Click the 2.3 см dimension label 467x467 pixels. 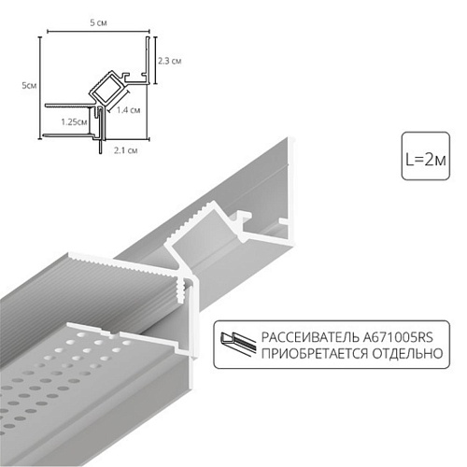point(170,61)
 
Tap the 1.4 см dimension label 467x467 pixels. point(129,109)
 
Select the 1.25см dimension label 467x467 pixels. point(74,121)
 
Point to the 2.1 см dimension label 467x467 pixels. point(125,150)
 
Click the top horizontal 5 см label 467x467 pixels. point(98,22)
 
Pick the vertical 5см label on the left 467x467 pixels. point(29,85)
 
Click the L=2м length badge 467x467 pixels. point(426,156)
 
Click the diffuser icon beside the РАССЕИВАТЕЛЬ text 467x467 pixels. point(238,344)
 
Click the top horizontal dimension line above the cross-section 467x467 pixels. point(98,31)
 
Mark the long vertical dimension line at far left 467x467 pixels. point(40,88)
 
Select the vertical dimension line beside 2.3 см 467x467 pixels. point(156,61)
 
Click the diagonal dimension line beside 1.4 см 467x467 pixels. point(119,102)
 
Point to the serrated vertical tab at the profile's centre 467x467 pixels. point(179,290)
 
